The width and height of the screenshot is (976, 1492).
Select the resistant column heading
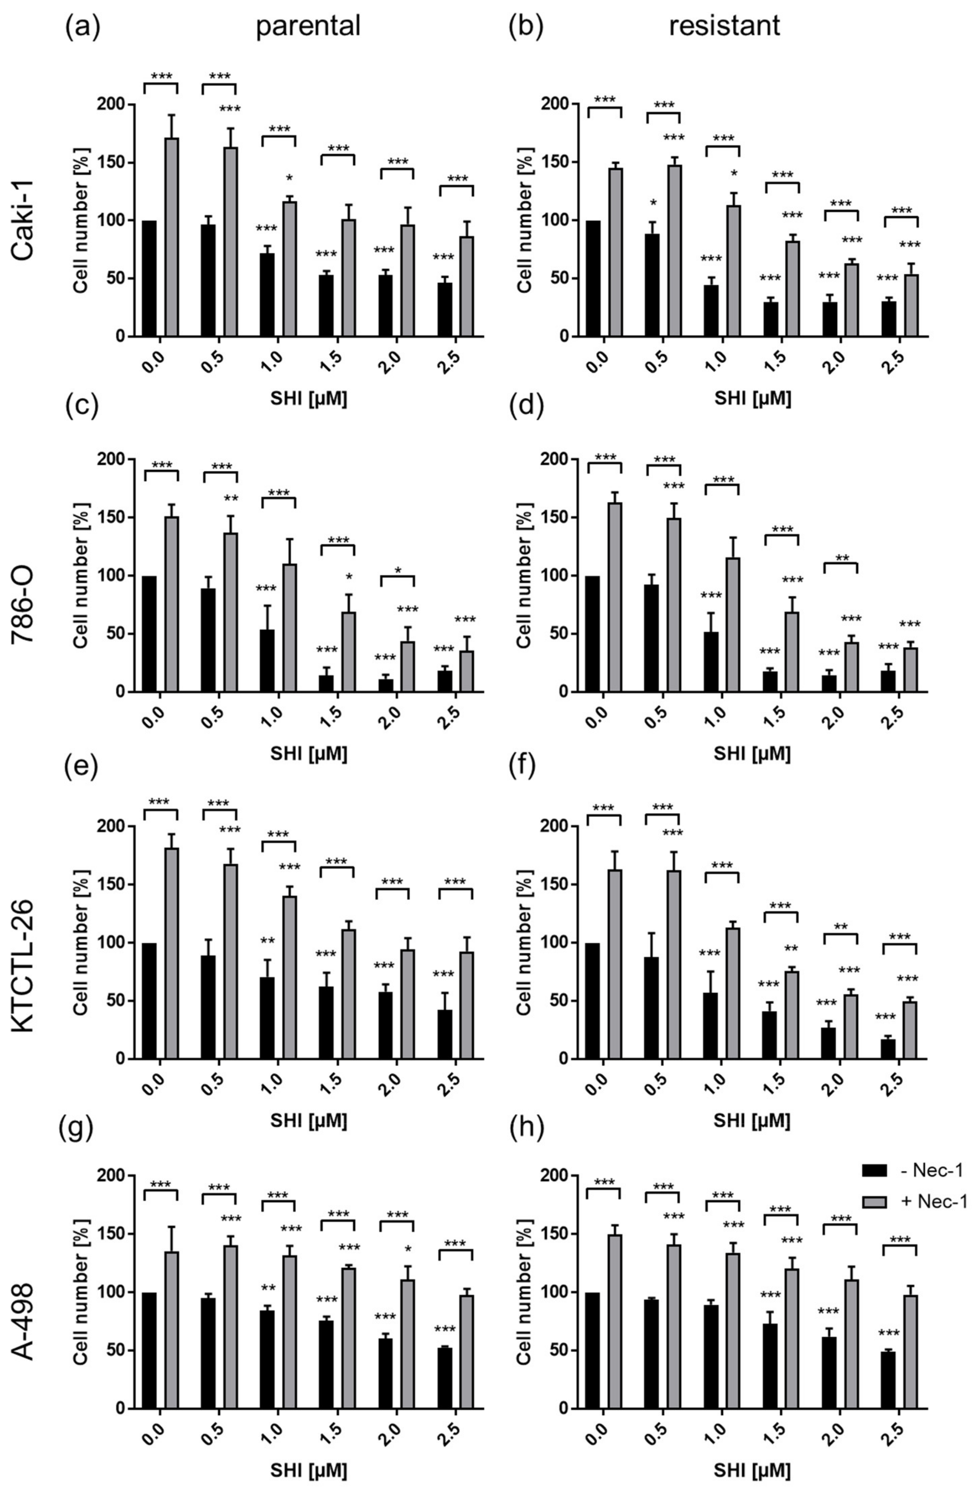(x=724, y=26)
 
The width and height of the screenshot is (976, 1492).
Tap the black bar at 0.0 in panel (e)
(x=149, y=1001)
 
